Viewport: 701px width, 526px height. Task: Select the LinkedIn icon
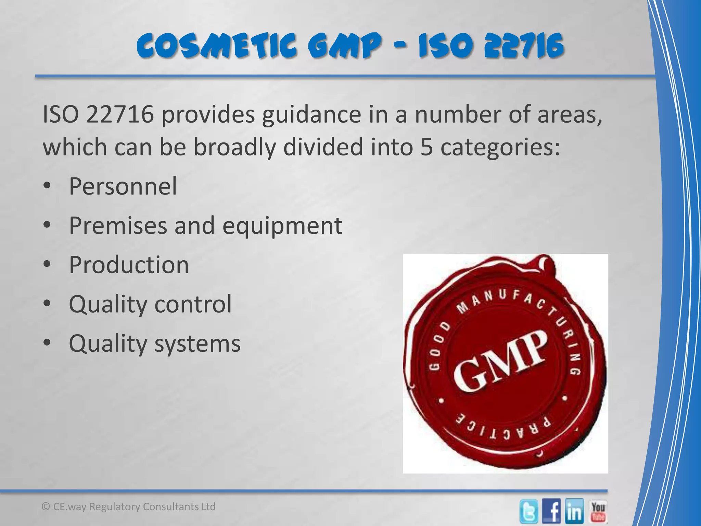575,511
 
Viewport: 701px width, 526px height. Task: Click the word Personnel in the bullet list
123,186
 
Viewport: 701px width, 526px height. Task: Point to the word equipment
282,226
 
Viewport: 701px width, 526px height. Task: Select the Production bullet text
129,265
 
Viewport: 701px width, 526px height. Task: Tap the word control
193,304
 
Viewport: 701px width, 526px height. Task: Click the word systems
197,343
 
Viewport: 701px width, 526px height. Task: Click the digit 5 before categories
426,147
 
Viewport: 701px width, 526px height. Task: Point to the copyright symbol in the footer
46,507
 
